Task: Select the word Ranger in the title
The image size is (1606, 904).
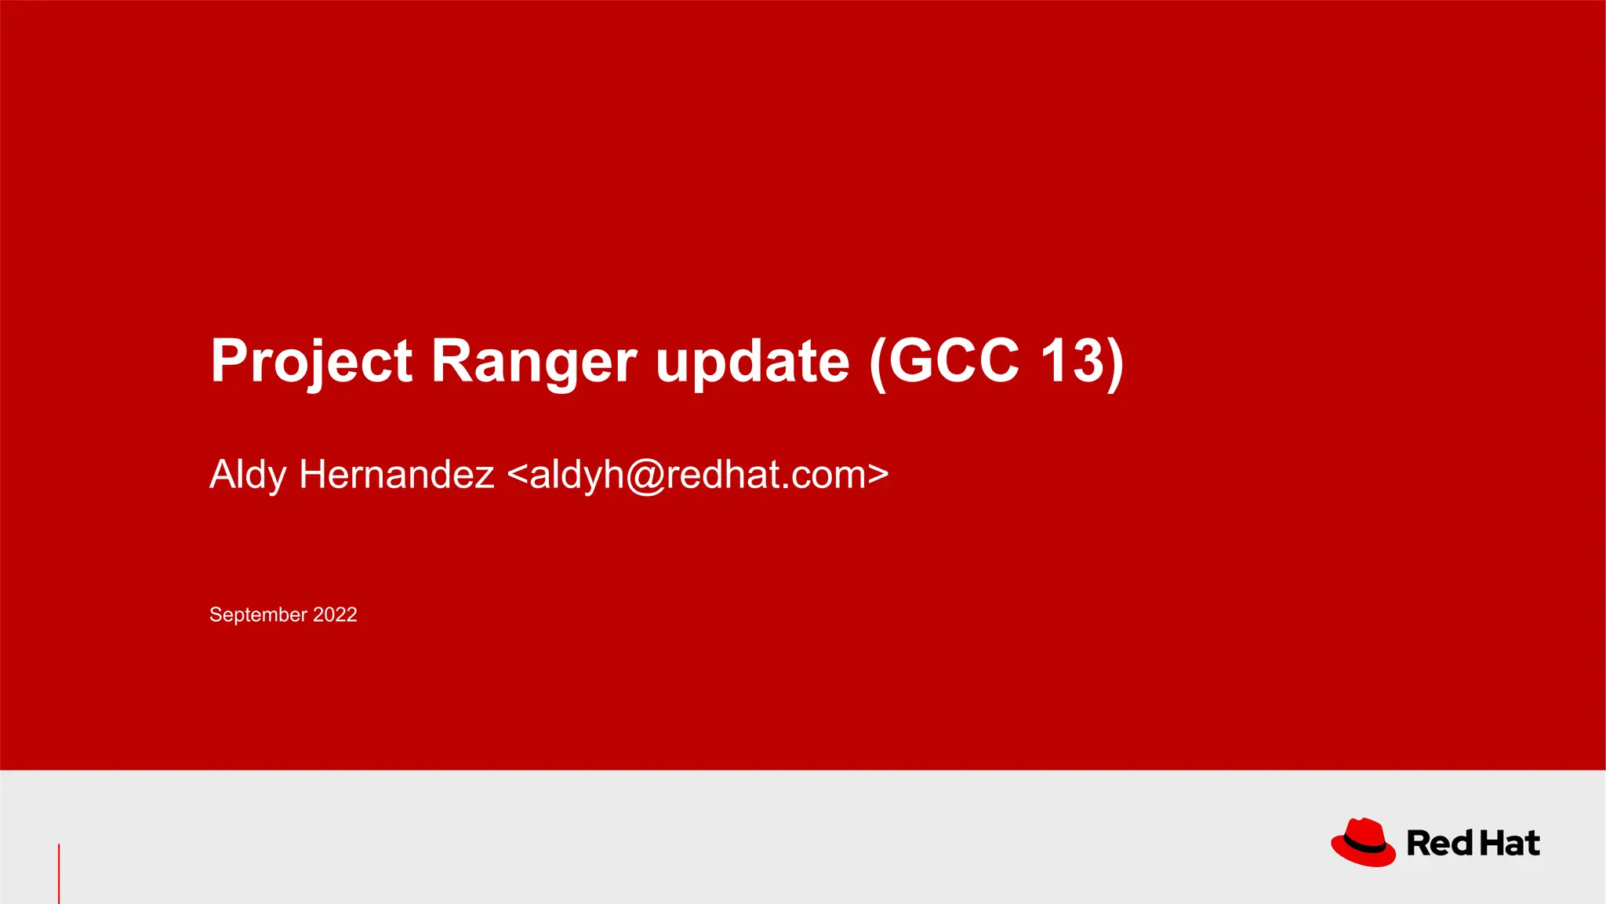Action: (x=533, y=361)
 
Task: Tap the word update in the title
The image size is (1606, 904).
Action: (x=752, y=361)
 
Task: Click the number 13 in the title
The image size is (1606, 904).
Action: (x=1071, y=361)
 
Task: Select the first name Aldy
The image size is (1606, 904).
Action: (x=248, y=475)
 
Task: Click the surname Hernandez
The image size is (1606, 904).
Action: (x=396, y=475)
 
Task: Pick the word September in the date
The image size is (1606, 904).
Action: (x=258, y=614)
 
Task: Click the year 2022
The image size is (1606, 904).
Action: (x=335, y=614)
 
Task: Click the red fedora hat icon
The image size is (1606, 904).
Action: (x=1363, y=842)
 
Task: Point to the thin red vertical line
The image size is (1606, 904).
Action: (x=59, y=873)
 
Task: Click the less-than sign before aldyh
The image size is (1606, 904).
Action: (x=518, y=475)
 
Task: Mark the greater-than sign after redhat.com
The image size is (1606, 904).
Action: (x=878, y=475)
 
